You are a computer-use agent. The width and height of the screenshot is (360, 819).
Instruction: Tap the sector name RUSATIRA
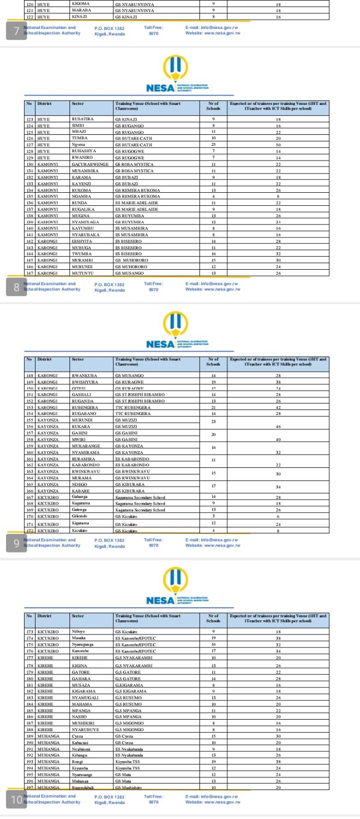click(82, 118)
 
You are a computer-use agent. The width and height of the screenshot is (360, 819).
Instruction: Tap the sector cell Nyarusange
click(84, 775)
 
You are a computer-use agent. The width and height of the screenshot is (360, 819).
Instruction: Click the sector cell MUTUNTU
click(82, 273)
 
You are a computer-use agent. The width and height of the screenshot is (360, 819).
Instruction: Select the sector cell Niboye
click(79, 632)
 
